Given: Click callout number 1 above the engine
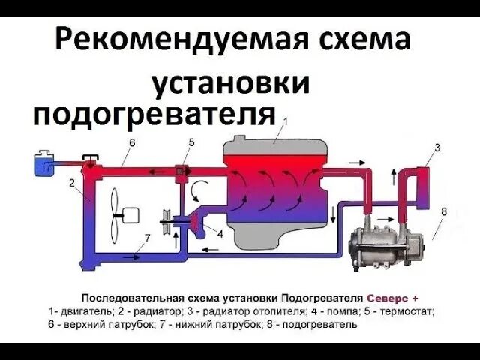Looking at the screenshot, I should pos(285,120).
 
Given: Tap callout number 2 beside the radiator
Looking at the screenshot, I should pos(72,183).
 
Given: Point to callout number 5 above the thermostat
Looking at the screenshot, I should pos(191,142).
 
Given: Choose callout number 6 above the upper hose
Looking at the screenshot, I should pos(132,143).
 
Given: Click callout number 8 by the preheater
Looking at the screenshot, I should pos(443,212).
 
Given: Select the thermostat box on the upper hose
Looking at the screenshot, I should pos(181,172).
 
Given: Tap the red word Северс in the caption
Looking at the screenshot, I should pos(388,293).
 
